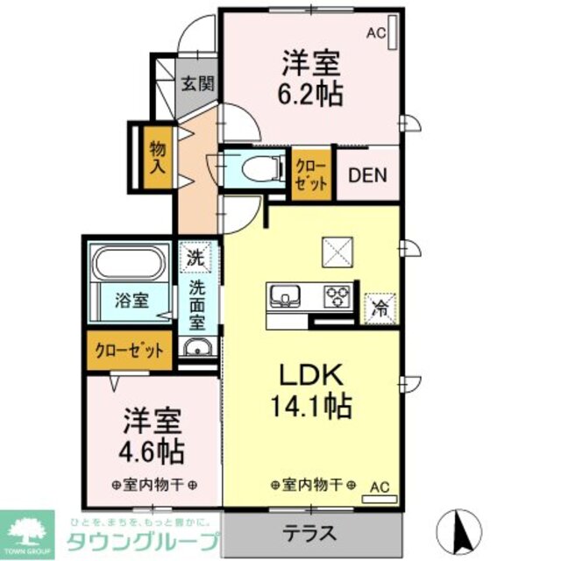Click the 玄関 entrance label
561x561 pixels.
[197, 85]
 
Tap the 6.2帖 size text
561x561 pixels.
[311, 94]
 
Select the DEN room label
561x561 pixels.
[368, 174]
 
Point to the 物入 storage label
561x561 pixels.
[158, 155]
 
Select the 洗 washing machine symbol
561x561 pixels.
[198, 258]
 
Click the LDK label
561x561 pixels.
[312, 374]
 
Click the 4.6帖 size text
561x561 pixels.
[153, 450]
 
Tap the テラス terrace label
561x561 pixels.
[312, 532]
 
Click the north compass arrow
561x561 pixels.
[463, 528]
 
